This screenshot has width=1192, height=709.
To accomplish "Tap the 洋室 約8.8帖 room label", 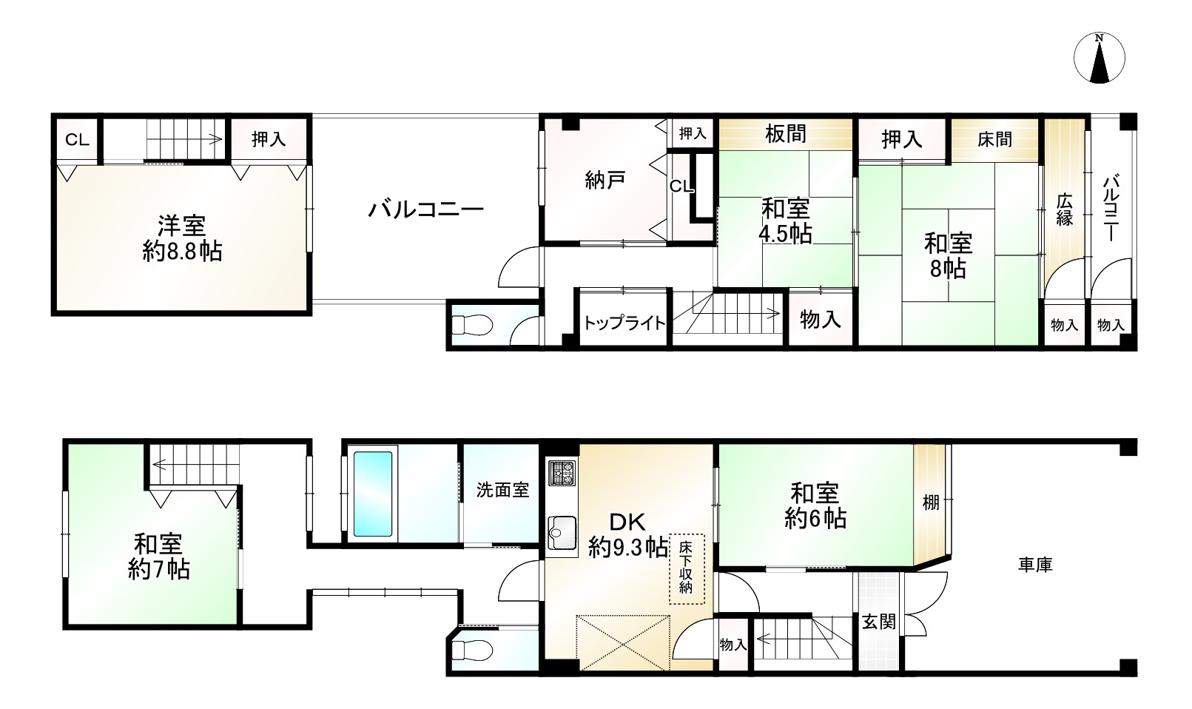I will (181, 237).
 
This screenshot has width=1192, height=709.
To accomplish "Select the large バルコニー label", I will (425, 209).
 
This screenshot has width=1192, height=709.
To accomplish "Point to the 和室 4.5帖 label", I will (785, 221).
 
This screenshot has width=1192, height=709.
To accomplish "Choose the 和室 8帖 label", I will (948, 255).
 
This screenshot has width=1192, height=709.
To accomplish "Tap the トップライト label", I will (624, 323).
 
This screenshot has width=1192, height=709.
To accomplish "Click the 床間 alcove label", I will (994, 139).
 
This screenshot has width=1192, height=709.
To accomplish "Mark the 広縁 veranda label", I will (1064, 209).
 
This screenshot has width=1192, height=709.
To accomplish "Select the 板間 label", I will (786, 134).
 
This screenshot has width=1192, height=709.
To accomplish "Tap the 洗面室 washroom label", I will (502, 489).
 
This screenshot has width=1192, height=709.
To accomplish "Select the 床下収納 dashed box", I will (687, 568).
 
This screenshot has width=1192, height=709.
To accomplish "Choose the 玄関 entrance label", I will (878, 621).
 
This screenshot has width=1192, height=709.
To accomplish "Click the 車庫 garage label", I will (1035, 565).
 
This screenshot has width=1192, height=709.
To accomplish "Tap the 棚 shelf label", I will (931, 503).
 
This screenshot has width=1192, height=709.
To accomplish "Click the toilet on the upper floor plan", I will (472, 325).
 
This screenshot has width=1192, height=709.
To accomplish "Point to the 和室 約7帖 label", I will (158, 557).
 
